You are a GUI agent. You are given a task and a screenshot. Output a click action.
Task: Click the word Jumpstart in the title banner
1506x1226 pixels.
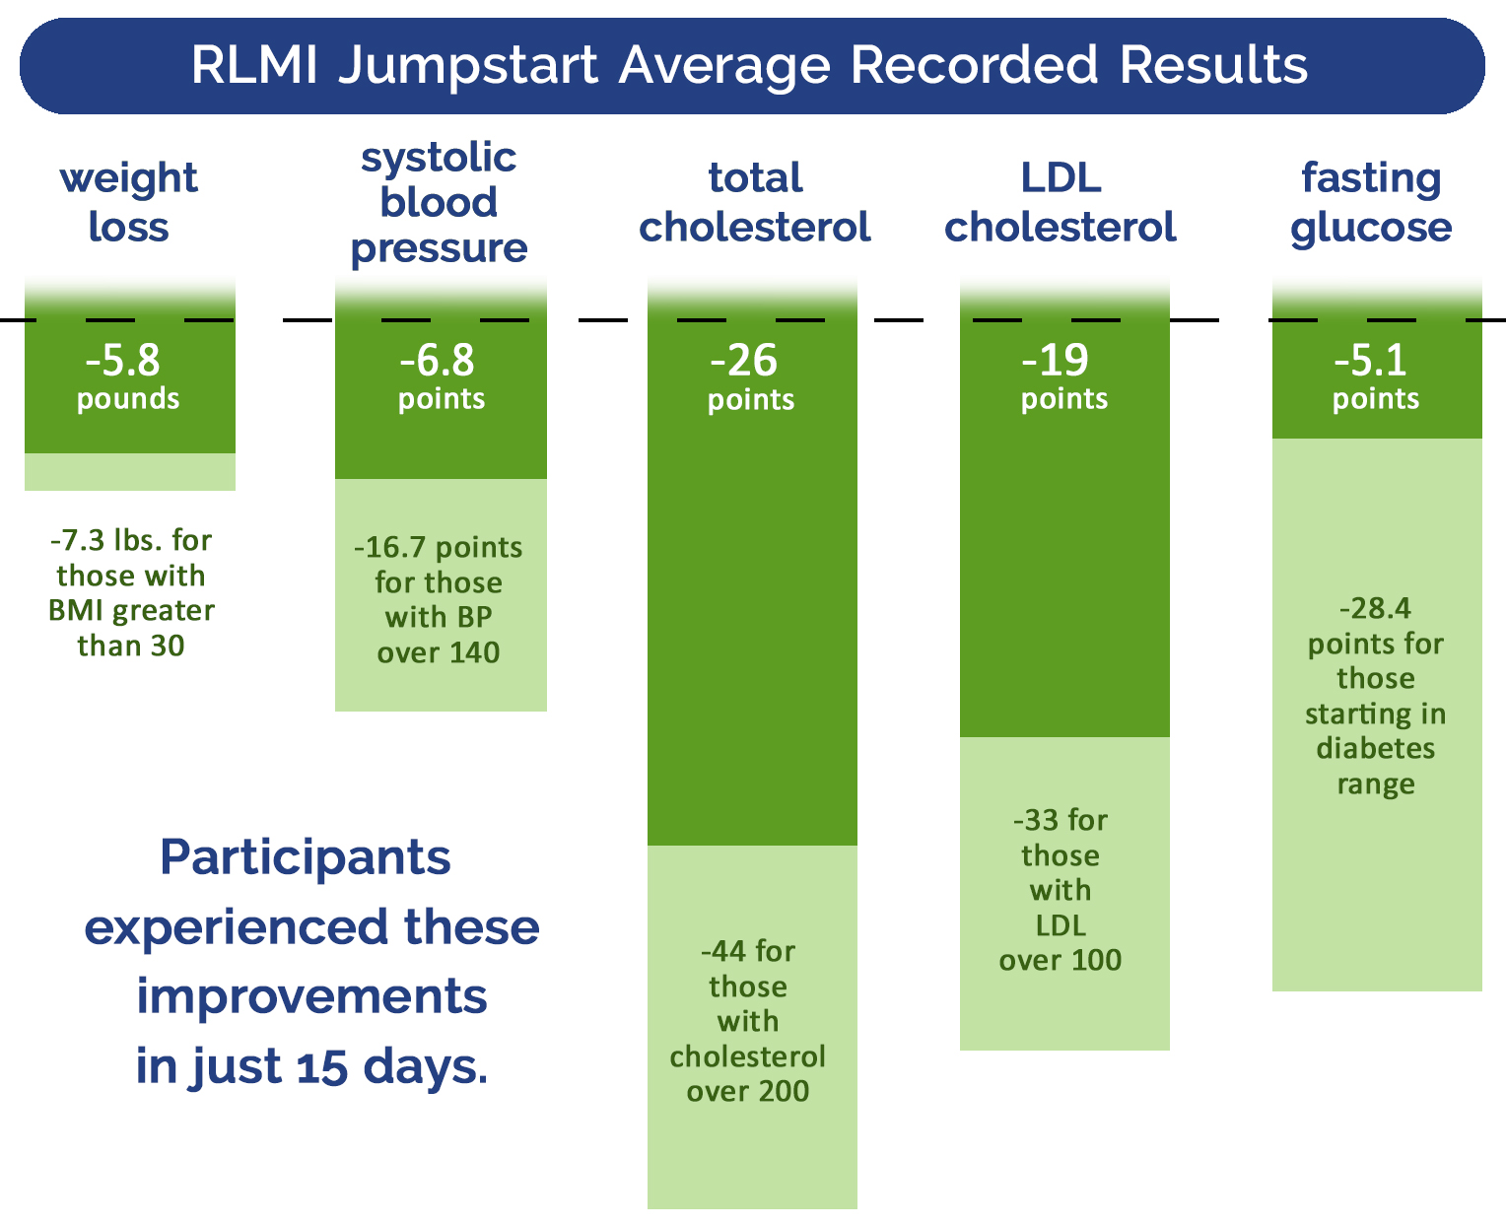point(469,66)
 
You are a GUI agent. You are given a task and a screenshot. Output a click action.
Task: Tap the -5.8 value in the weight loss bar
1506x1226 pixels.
point(123,361)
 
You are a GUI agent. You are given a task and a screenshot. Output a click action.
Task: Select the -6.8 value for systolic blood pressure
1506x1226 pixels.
point(438,361)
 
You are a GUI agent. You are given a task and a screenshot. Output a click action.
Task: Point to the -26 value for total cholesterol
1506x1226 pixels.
point(744,361)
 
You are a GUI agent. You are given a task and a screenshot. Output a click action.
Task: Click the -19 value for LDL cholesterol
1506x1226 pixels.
point(1056,361)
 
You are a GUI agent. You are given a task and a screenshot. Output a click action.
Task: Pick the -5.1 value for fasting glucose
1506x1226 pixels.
point(1371,361)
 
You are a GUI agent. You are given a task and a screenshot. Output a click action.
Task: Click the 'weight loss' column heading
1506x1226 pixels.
point(128,202)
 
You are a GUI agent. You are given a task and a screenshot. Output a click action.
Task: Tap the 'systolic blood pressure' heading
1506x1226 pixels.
point(439,202)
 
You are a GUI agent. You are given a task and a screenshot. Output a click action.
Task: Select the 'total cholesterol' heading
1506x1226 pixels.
point(755,202)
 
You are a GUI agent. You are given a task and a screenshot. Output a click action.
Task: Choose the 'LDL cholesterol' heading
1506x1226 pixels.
point(1061,202)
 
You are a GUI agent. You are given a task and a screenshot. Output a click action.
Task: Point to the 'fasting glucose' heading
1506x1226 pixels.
point(1371,202)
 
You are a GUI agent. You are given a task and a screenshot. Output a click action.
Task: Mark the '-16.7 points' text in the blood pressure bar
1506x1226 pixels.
point(438,547)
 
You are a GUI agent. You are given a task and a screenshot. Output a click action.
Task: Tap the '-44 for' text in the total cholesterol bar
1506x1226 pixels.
point(748,951)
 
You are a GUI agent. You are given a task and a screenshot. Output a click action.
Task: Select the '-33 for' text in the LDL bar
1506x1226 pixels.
point(1061,820)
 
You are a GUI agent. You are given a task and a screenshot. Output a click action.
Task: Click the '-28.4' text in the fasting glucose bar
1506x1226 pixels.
point(1376,608)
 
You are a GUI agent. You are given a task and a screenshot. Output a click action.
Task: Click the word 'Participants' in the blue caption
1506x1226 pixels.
point(306,857)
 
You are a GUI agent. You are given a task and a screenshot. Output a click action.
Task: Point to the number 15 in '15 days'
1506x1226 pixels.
point(322,1067)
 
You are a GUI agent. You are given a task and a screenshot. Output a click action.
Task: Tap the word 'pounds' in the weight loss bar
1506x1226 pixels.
point(128,399)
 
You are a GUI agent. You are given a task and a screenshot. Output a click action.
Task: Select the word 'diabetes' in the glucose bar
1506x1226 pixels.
point(1376,748)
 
